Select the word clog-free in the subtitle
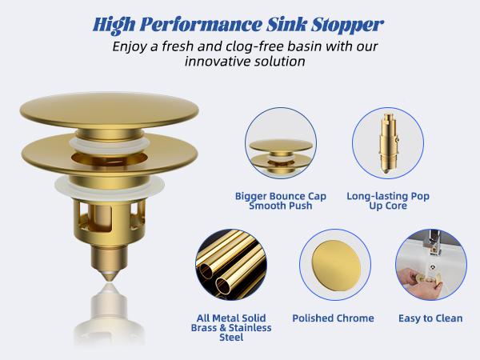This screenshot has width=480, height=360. click(x=258, y=46)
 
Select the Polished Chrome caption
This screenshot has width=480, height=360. click(x=333, y=318)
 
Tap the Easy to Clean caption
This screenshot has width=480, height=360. click(x=430, y=318)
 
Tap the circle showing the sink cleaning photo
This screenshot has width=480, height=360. click(x=430, y=265)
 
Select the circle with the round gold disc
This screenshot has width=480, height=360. click(x=333, y=265)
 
